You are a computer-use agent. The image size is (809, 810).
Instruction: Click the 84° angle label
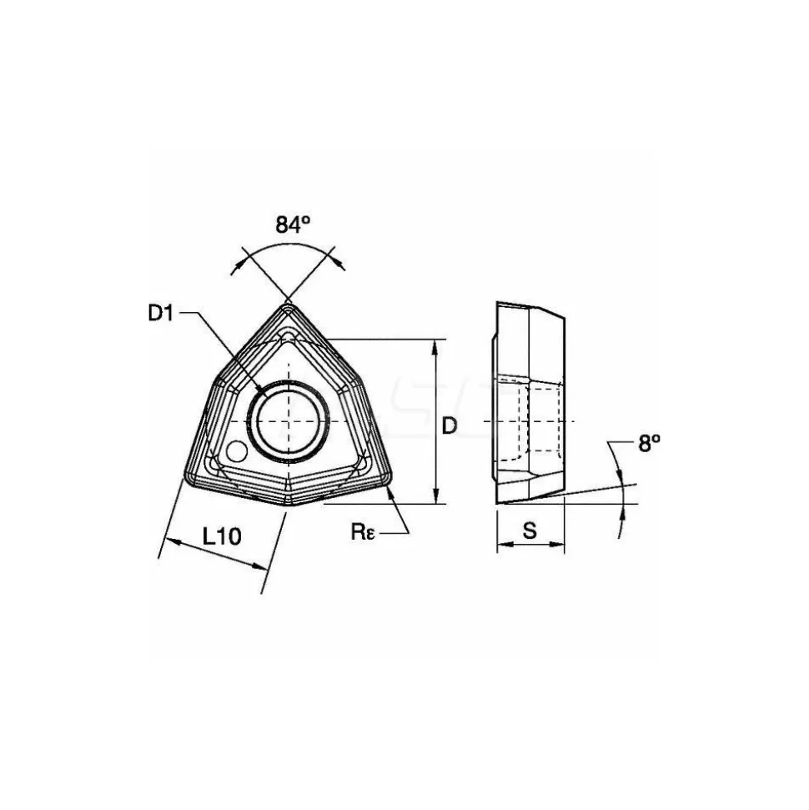[293, 224]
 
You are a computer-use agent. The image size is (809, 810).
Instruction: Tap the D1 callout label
[161, 313]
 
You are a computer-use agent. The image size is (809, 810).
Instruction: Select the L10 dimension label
[222, 536]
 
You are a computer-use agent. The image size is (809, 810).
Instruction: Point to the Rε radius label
[363, 531]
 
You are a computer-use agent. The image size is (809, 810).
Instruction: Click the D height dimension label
[450, 425]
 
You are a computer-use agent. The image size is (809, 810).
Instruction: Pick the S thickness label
[530, 530]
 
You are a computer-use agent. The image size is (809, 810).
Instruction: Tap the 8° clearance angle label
[649, 443]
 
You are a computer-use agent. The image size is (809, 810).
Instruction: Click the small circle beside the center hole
[237, 451]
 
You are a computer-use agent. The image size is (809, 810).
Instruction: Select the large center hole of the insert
[289, 422]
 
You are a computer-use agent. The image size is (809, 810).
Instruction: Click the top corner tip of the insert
[287, 304]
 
